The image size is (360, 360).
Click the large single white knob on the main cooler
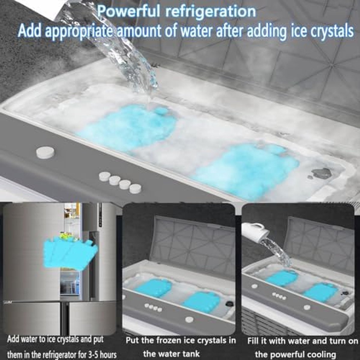(46, 152)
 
